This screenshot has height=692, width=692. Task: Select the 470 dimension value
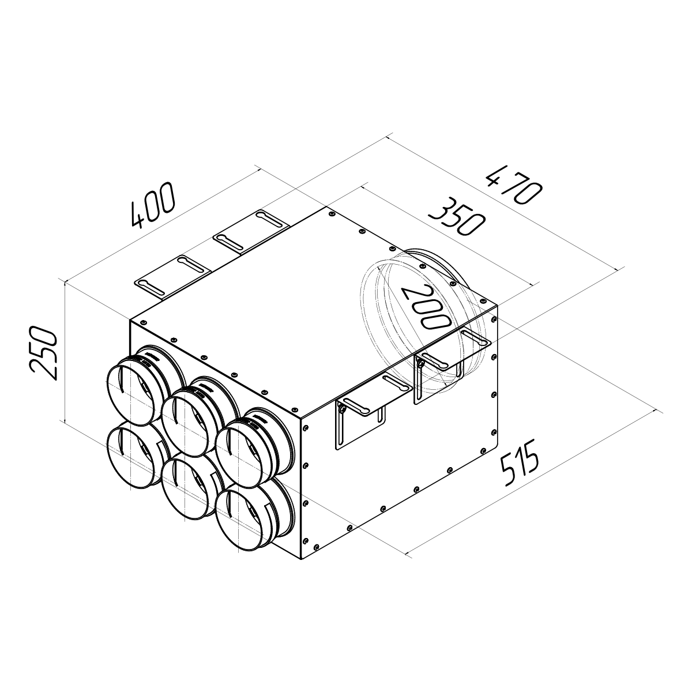point(513,185)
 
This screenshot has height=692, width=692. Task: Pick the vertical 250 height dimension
point(44,353)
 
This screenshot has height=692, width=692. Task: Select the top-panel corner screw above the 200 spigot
point(495,315)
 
